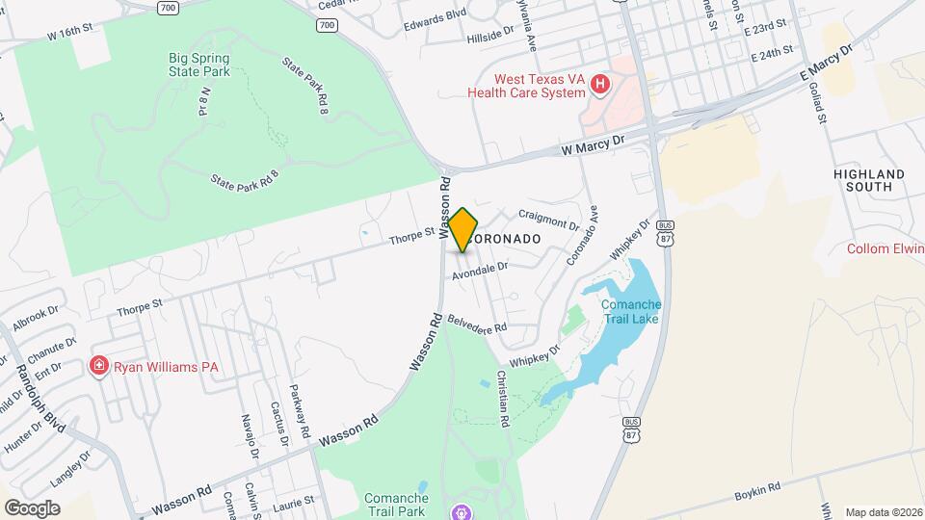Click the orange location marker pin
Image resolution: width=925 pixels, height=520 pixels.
click(463, 229)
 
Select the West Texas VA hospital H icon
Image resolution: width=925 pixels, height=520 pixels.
click(600, 85)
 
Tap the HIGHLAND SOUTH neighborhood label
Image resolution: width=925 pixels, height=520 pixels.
click(869, 180)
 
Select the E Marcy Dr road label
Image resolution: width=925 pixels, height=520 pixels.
click(828, 62)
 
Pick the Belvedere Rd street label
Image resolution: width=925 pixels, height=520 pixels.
click(477, 323)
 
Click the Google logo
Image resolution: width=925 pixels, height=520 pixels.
click(32, 507)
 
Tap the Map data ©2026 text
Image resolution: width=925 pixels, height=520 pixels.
click(882, 512)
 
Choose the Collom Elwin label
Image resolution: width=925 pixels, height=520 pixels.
click(885, 248)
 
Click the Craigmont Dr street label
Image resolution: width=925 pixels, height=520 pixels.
click(548, 220)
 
